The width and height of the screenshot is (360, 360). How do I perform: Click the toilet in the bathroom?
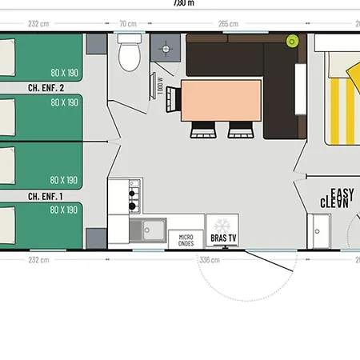[x=128, y=56]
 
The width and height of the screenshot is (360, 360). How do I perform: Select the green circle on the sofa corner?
[x=293, y=40]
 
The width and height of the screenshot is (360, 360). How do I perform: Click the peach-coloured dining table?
[x=222, y=98]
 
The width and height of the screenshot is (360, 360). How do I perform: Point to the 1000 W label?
[x=161, y=85]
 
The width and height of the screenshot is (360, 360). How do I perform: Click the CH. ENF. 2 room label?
[x=46, y=88]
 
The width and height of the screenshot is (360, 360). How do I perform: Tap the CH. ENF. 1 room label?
[x=46, y=195]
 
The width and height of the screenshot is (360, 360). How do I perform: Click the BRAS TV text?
[x=222, y=238]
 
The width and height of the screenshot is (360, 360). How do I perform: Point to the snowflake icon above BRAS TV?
[x=222, y=225]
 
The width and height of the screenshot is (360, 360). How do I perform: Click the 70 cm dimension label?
[x=127, y=23]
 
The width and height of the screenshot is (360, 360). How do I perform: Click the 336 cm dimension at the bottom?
[x=209, y=260]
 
